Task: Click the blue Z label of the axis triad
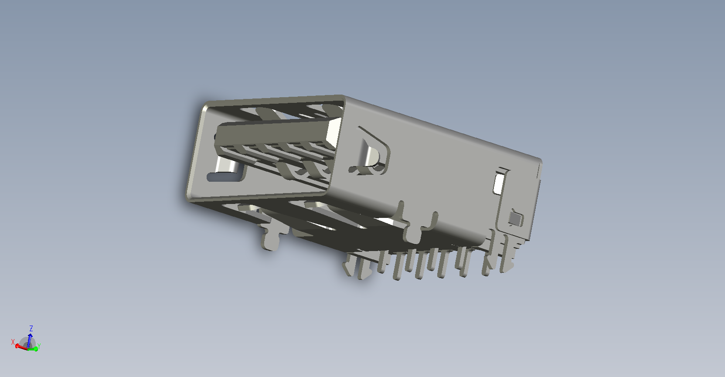tap(31, 329)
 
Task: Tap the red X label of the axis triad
tap(13, 342)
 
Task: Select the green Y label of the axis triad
tap(39, 346)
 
